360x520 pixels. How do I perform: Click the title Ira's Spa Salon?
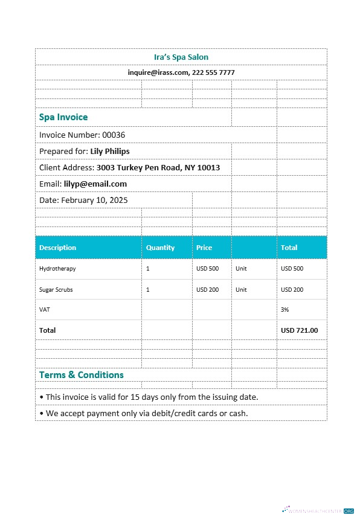point(181,57)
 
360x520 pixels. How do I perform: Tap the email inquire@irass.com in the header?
point(158,72)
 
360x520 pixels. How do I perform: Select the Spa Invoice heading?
point(63,117)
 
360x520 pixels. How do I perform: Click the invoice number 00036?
point(114,135)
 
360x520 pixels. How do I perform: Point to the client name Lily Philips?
point(109,151)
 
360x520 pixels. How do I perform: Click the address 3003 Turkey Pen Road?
point(140,167)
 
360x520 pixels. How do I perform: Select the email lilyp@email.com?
point(95,184)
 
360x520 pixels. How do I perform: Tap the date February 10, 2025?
point(94,200)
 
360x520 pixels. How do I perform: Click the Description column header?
point(57,248)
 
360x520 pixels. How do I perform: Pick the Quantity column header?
point(160,248)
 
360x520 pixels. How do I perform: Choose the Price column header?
point(204,248)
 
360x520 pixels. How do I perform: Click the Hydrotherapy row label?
point(57,268)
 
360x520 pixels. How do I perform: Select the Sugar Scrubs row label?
point(56,289)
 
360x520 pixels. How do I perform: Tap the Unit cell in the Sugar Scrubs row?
point(241,289)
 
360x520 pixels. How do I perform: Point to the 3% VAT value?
point(285,309)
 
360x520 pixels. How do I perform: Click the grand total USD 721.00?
point(299,330)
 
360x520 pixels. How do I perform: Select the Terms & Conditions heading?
point(81,375)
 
